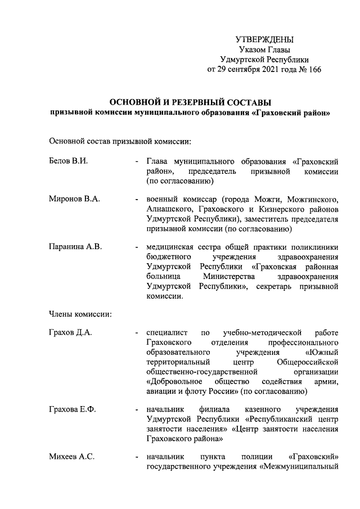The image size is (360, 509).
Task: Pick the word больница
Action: [163, 277]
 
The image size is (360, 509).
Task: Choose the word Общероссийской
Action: [309, 362]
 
